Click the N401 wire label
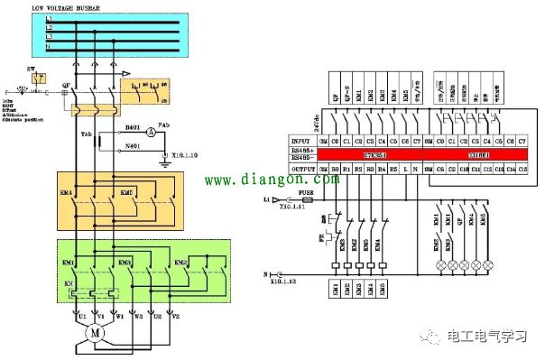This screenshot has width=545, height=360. pyautogui.click(x=134, y=145)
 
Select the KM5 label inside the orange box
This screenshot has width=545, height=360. pyautogui.click(x=128, y=192)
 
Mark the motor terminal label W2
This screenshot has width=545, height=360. pyautogui.click(x=138, y=317)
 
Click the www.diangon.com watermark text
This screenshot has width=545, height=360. pyautogui.click(x=280, y=180)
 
